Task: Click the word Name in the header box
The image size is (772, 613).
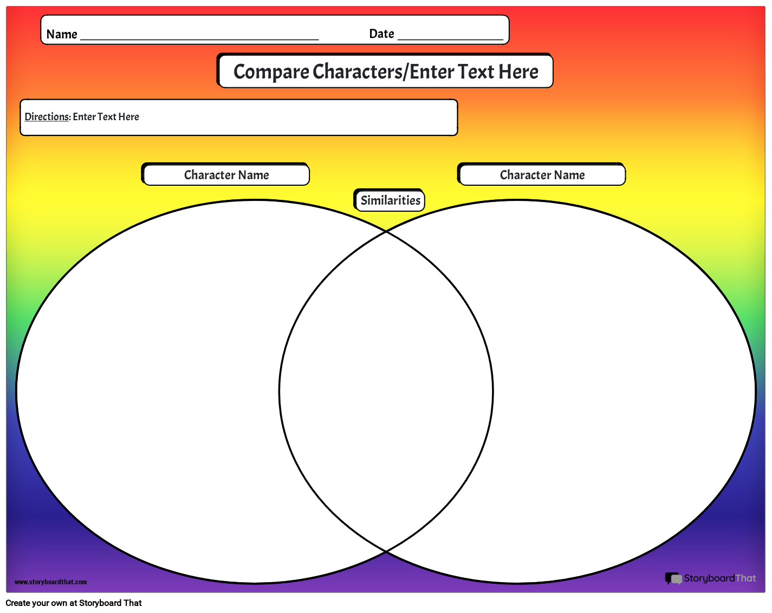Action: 62,34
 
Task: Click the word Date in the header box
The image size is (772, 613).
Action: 381,34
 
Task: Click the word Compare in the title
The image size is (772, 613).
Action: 271,71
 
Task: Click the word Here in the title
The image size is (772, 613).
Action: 518,71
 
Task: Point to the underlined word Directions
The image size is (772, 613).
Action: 47,116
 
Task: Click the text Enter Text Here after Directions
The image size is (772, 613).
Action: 106,116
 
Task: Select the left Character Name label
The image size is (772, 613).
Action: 226,175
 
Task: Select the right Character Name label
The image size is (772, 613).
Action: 542,175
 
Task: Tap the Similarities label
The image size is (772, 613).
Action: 390,200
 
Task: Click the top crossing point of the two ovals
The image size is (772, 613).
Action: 386,231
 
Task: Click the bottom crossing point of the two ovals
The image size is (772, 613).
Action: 386,551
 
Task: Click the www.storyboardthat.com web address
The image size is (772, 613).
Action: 51,582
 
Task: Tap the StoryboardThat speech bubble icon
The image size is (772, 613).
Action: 673,578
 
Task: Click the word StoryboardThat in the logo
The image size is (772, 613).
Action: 719,578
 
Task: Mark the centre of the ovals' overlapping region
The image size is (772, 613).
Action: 386,392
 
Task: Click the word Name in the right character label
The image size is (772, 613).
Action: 569,175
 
